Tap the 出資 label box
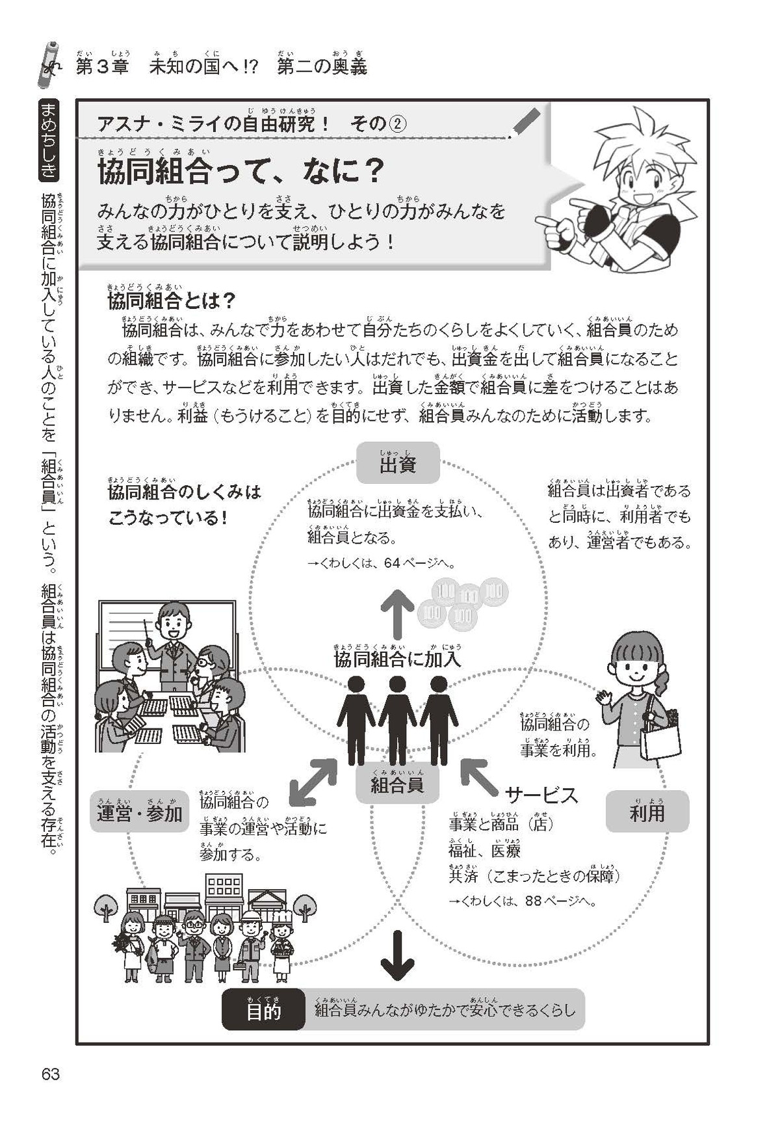point(398,464)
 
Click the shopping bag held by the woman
point(660,739)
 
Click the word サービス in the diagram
point(541,795)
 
